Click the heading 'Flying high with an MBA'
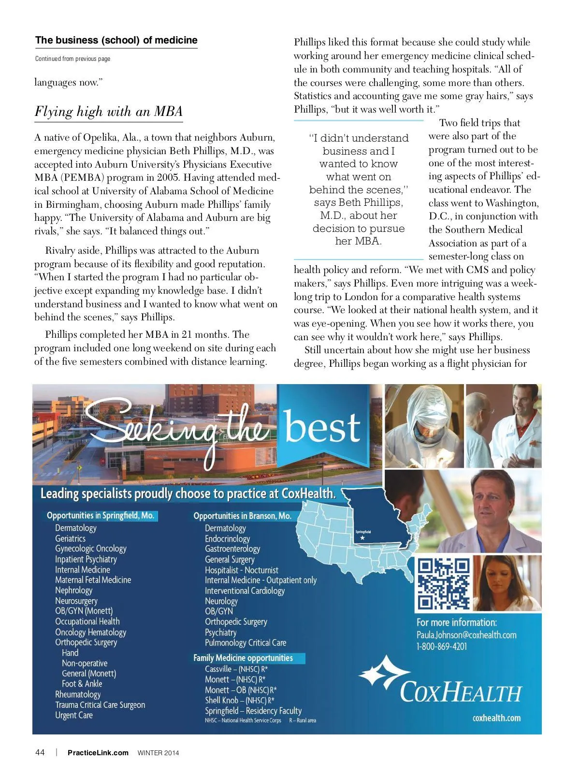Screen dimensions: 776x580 108,112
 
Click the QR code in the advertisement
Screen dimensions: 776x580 443,583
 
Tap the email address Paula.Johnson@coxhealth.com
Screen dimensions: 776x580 466,635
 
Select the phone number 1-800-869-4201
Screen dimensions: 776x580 442,647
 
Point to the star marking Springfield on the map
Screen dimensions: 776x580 362,537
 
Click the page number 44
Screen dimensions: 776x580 40,752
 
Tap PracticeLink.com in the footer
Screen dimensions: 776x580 98,752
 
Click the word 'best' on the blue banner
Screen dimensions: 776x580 322,428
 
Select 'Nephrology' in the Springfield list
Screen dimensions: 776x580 73,590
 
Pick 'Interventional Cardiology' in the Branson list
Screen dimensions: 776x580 245,590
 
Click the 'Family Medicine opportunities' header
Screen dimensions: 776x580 243,658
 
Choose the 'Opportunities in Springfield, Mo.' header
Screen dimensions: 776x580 101,516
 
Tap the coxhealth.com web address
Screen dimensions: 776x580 496,718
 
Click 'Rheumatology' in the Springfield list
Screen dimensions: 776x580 78,694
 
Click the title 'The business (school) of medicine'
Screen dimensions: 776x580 116,41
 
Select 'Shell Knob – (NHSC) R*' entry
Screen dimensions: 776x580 240,700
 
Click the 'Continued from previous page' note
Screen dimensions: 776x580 72,59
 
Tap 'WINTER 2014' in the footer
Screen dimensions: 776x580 158,753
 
